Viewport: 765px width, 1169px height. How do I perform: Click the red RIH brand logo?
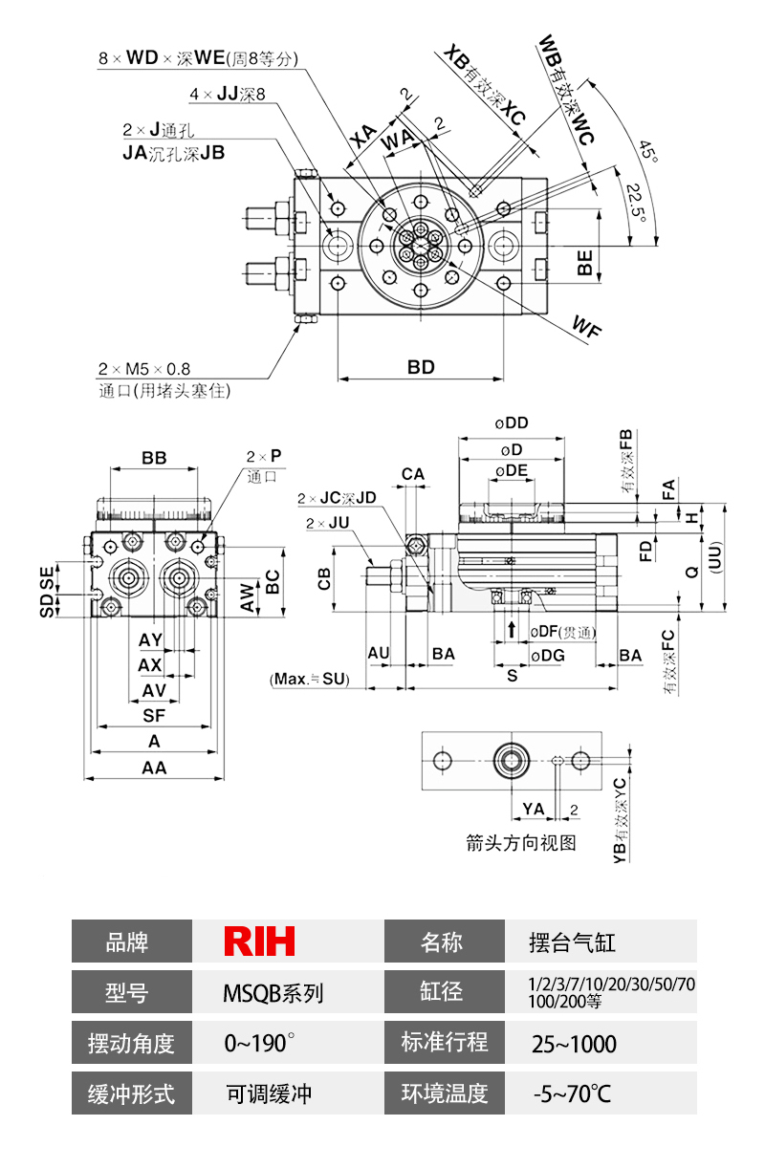coord(259,942)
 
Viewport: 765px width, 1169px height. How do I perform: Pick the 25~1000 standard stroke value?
coord(574,1044)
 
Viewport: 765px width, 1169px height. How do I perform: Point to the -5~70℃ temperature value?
coord(573,1093)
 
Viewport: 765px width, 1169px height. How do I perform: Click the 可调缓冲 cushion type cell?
coord(269,1093)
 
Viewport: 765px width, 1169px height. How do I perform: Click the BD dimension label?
coord(421,367)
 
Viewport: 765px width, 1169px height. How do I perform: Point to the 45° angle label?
coord(647,151)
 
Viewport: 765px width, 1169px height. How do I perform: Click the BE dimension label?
coord(585,263)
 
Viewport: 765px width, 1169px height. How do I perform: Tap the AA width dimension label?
coord(154,768)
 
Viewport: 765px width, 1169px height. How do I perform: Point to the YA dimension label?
coord(533,809)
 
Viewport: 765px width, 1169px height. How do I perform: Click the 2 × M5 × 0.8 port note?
coord(144,368)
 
